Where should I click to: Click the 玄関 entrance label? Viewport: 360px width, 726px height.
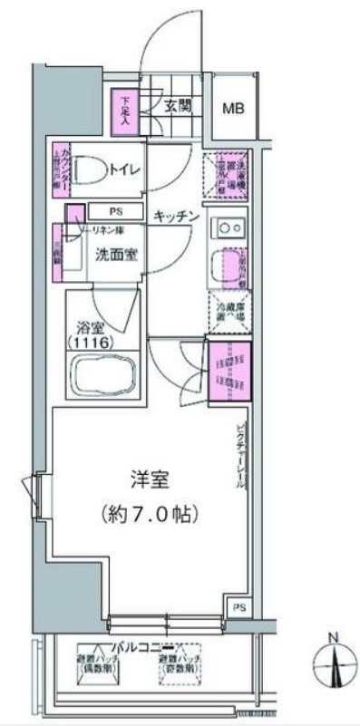178,105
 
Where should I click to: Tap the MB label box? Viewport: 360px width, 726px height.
234,108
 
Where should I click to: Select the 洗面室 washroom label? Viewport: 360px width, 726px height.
117,255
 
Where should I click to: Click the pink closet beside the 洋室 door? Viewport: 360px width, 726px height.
229,369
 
